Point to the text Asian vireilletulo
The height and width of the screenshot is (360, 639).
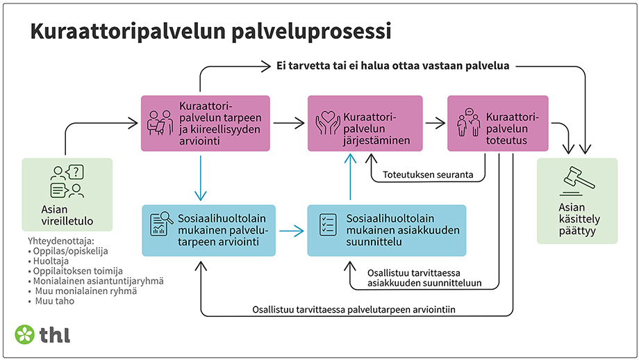[67, 215]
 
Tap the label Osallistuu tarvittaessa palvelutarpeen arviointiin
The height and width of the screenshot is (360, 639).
[358, 309]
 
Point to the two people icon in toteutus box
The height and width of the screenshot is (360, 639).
[467, 123]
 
